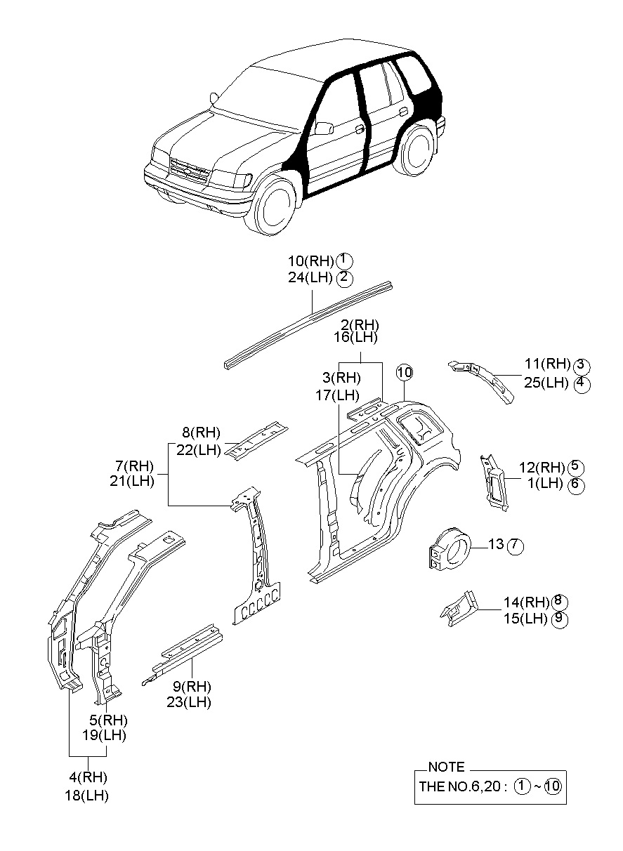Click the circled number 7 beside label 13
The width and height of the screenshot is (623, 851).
click(x=515, y=545)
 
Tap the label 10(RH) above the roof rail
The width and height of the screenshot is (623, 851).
click(x=311, y=262)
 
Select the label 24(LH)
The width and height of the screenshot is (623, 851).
click(x=310, y=277)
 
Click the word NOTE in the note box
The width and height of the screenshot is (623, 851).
click(x=446, y=767)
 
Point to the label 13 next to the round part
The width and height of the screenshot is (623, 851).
click(x=496, y=545)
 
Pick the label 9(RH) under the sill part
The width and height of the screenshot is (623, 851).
click(x=190, y=686)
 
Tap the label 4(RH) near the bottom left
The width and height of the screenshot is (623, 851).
click(x=87, y=777)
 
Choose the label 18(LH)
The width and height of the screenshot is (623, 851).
click(x=87, y=795)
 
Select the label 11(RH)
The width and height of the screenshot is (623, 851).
click(x=546, y=364)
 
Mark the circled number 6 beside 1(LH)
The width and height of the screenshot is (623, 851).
click(x=576, y=484)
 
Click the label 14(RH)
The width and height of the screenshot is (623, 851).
click(x=526, y=602)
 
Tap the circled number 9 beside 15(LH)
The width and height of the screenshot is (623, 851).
click(x=560, y=619)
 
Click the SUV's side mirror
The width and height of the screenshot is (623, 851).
click(x=324, y=128)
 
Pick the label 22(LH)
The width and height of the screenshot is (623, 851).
click(x=199, y=450)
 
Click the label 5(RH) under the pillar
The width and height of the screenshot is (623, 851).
click(x=108, y=720)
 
